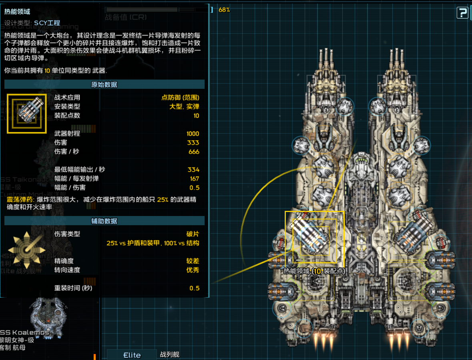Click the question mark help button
click(462, 13)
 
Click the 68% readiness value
click(224, 10)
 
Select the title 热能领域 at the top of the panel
click(17, 12)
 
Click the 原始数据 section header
click(104, 84)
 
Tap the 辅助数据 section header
click(104, 221)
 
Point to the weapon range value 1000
click(193, 134)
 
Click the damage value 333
click(193, 143)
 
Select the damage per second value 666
click(194, 152)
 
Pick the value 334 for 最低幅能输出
click(193, 170)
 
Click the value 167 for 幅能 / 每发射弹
click(194, 179)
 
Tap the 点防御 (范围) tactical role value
click(180, 97)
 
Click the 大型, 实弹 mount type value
click(184, 106)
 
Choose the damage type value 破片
click(193, 234)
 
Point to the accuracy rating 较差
click(193, 261)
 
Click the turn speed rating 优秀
click(193, 270)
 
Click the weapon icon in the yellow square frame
click(26, 113)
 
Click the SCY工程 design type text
click(47, 23)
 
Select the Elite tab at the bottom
click(132, 355)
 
